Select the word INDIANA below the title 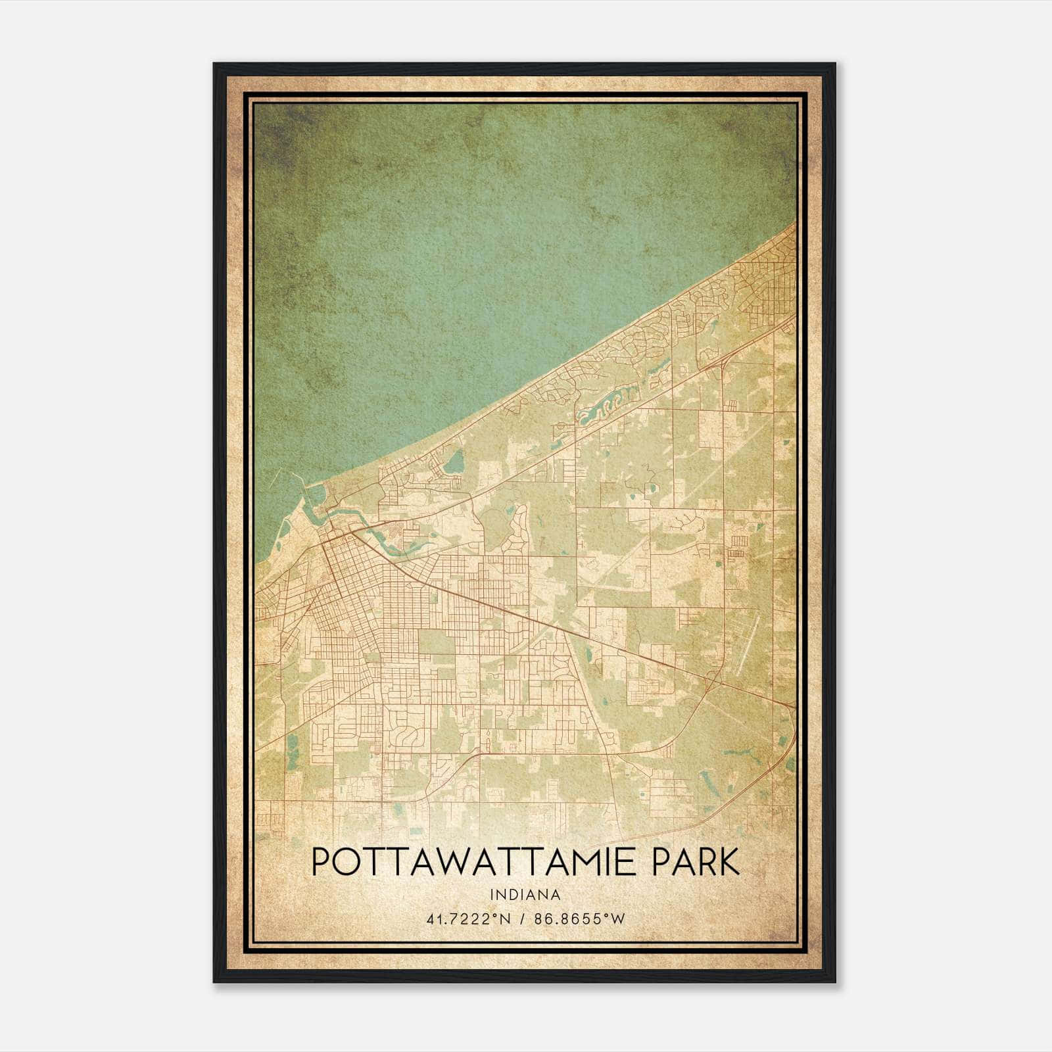click(x=525, y=895)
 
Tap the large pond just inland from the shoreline click(x=453, y=464)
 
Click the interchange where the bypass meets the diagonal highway click(x=711, y=684)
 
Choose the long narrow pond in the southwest click(x=291, y=743)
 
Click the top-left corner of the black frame click(x=214, y=64)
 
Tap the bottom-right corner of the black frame click(x=835, y=982)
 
